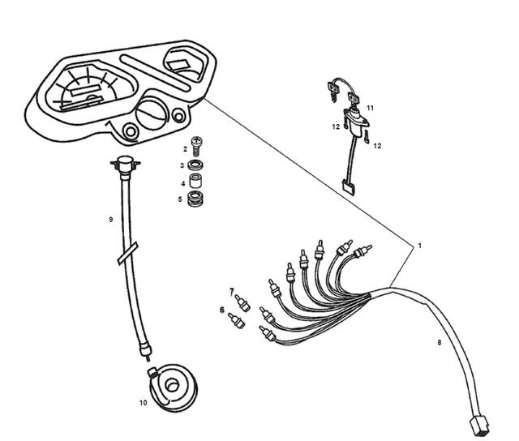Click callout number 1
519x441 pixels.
(x=420, y=246)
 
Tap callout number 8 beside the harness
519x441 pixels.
(x=440, y=342)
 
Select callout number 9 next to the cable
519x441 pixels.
(x=111, y=220)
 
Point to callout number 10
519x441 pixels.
(x=143, y=403)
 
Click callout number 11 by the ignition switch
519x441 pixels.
(x=370, y=108)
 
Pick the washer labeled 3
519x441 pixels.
(x=195, y=165)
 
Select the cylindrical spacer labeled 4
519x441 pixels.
(x=195, y=182)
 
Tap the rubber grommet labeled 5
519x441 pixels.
(x=195, y=198)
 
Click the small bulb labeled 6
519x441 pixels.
(x=237, y=321)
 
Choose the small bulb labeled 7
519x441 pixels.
(x=242, y=303)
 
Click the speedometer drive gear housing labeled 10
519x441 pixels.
(x=173, y=387)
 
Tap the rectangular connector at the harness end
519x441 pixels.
(x=479, y=426)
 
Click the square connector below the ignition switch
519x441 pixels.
(x=348, y=188)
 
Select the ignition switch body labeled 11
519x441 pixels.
(x=357, y=122)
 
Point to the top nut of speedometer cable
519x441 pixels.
(x=125, y=164)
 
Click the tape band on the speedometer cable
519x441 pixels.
(x=128, y=253)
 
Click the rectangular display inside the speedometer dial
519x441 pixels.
(x=86, y=90)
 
